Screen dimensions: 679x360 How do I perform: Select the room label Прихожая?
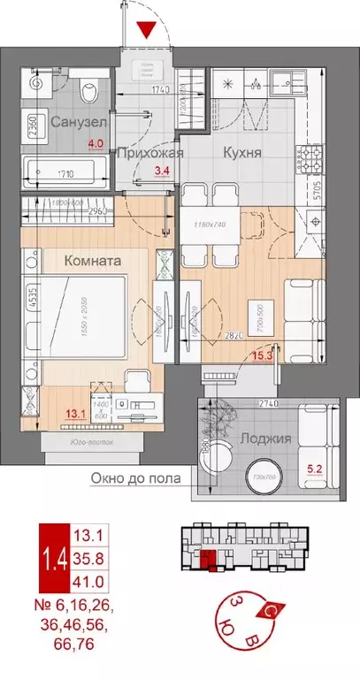click(x=149, y=152)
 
